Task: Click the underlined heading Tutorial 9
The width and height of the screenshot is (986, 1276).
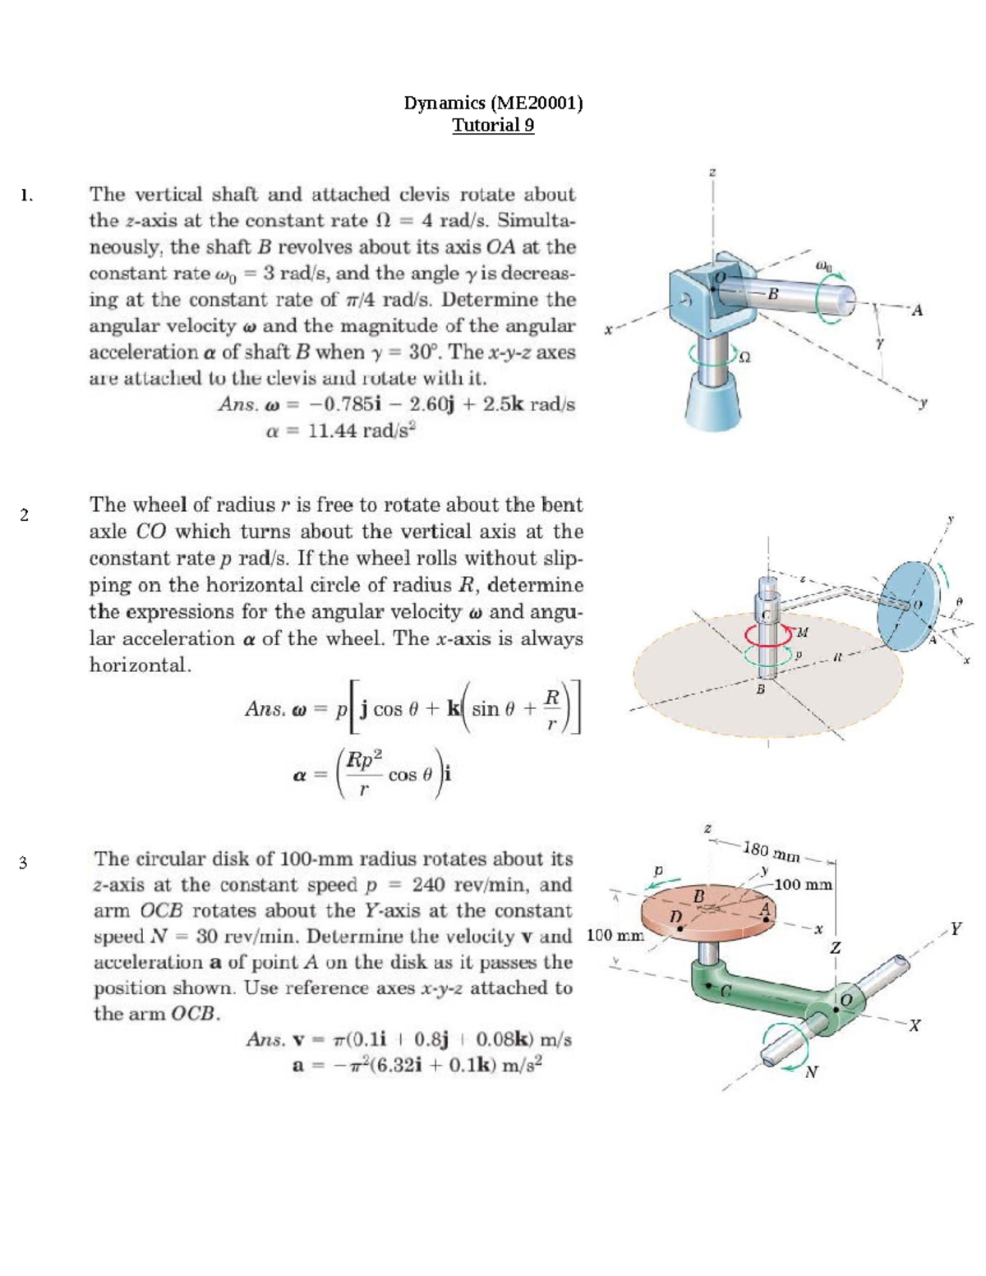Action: tap(493, 126)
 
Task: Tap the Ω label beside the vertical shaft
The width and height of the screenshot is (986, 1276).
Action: tap(746, 357)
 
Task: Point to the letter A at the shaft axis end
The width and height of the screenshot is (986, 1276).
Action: tap(918, 311)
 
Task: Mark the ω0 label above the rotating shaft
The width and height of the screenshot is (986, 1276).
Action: tap(825, 266)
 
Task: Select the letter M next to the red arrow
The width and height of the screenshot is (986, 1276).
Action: tap(803, 632)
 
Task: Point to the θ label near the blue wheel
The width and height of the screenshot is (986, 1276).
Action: tap(958, 601)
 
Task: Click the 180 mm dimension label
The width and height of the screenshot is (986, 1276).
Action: tap(771, 852)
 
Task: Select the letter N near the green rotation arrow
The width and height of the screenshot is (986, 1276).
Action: tap(811, 1071)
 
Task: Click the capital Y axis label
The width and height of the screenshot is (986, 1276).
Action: tap(955, 929)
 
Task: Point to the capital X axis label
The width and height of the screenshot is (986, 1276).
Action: tap(915, 1025)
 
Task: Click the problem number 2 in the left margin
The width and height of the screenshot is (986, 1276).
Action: tap(24, 515)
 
